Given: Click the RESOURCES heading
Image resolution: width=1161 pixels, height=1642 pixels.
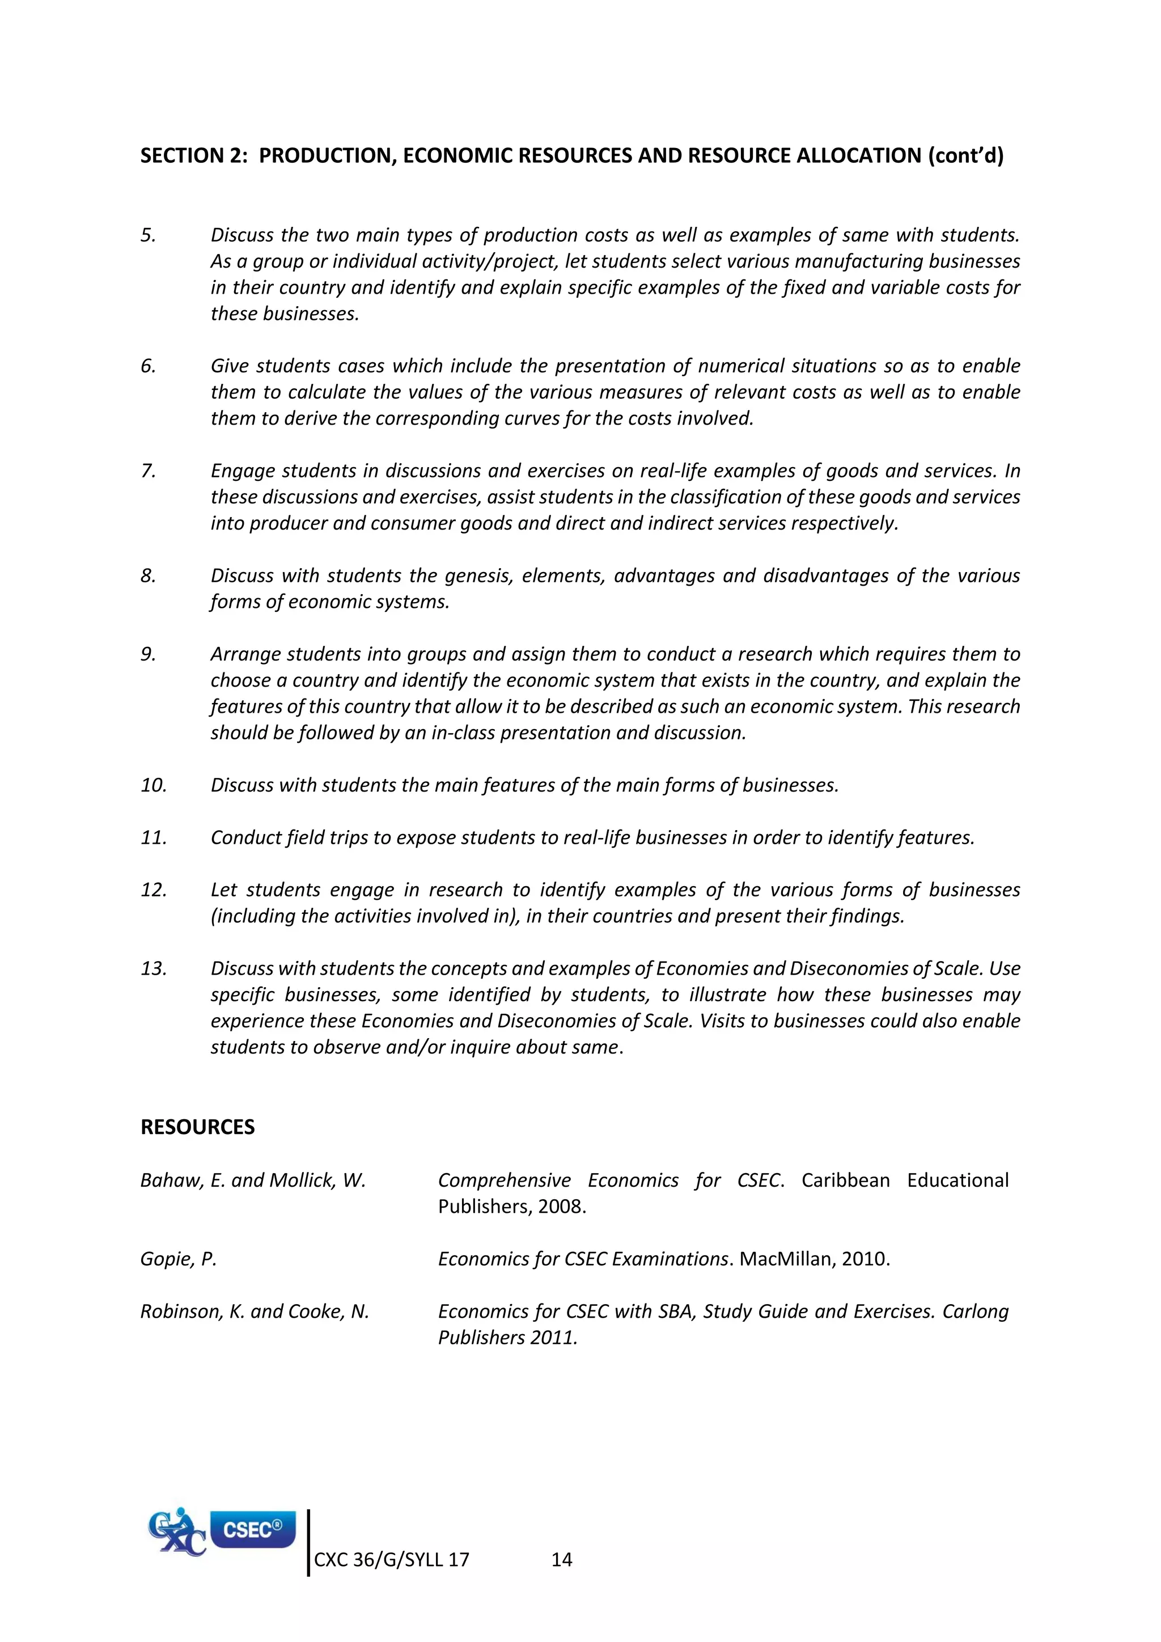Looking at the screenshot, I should tap(197, 1127).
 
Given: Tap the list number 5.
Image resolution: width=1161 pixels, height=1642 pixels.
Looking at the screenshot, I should tap(148, 235).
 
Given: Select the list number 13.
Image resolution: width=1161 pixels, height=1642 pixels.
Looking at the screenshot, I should tap(154, 968).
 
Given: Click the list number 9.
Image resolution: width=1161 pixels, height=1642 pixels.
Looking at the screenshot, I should tap(148, 654).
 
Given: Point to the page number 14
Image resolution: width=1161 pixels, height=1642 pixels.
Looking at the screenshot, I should tap(562, 1560).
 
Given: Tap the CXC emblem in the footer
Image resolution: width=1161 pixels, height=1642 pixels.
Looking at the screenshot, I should tap(176, 1533).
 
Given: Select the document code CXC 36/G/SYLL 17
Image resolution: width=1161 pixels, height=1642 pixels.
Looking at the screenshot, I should tap(392, 1560).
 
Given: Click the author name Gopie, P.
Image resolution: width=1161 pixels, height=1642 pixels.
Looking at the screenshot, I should tap(178, 1259).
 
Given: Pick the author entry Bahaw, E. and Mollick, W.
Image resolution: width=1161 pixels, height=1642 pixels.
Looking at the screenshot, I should tap(253, 1180).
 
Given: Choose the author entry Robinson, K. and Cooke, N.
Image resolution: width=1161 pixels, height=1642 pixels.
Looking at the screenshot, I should tap(255, 1311).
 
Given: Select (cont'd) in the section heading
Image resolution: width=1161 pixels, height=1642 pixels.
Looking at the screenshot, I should tap(966, 156).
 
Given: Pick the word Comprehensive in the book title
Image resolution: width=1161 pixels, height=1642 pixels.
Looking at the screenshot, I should tap(505, 1180).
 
